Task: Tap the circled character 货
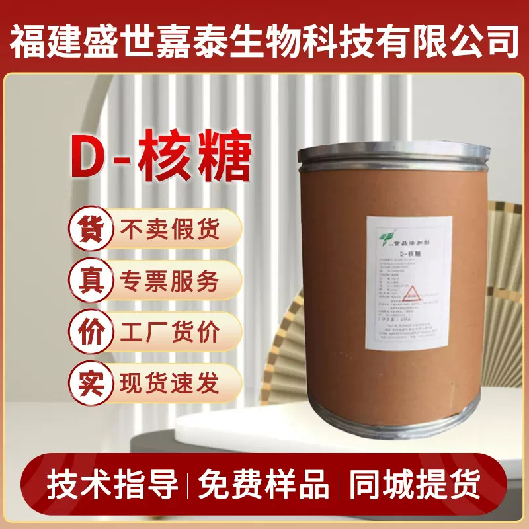89,229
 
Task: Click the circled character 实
89,382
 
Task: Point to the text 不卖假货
169,229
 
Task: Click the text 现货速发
169,382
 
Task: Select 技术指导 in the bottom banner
113,486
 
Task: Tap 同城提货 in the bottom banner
416,486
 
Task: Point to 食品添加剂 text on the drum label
406,235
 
